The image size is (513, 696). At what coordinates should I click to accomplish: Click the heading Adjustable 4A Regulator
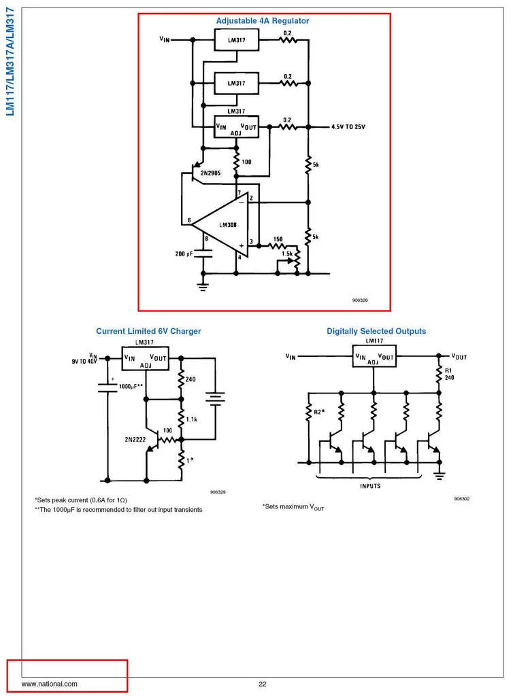pos(262,21)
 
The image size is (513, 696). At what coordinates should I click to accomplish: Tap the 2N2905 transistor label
pos(205,173)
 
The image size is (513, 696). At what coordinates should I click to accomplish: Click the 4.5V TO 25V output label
pos(348,127)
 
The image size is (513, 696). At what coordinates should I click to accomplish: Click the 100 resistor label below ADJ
pos(246,162)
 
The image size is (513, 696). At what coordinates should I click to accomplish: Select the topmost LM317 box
pos(235,40)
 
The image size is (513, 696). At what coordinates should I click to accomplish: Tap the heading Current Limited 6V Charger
pos(148,332)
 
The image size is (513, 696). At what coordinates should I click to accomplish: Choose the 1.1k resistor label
pos(191,419)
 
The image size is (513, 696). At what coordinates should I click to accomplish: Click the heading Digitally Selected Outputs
pos(376,332)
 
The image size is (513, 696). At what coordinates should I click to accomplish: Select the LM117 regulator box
pos(373,355)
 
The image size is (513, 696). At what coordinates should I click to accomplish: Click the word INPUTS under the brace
pos(369,486)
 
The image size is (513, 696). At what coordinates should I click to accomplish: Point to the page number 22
pos(262,684)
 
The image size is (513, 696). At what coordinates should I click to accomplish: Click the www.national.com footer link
pos(50,684)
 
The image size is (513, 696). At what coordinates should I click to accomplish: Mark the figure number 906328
pos(360,300)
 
